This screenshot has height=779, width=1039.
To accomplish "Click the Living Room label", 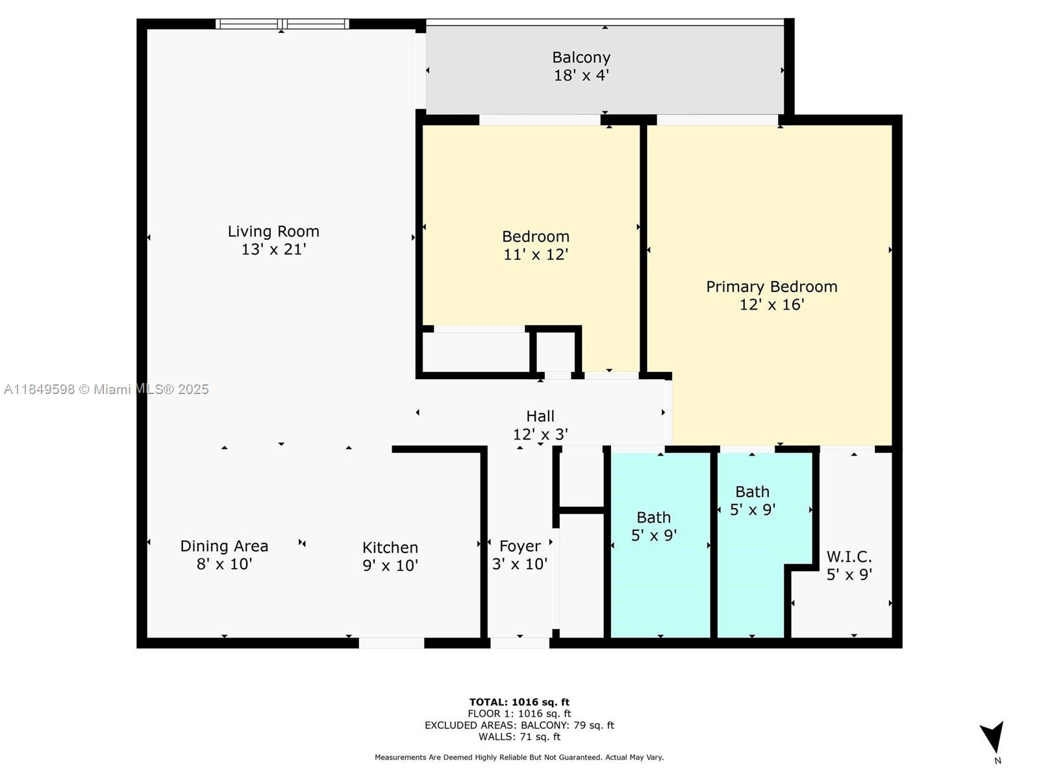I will point(273,231).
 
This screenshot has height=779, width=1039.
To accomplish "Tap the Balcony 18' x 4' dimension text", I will point(581,75).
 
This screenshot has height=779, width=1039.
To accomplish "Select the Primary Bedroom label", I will point(771,286).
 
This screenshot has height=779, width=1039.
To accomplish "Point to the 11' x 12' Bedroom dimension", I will point(536,254).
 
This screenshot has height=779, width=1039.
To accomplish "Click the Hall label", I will point(540,416).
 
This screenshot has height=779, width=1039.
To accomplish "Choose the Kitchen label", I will point(390,547).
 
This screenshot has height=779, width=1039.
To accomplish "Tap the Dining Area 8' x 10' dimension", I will point(224,564).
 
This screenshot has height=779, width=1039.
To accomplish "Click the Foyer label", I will point(519,546).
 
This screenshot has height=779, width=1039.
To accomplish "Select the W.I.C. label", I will point(849,556).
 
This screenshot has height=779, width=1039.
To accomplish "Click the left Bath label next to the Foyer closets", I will point(653,517).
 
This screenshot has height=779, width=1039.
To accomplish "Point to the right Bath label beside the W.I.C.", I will point(752,491).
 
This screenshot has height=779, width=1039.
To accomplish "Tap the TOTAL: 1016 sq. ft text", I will point(519,702).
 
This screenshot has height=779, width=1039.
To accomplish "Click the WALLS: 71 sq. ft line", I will point(519,737).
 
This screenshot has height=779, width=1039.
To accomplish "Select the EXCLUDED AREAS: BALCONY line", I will point(519,725).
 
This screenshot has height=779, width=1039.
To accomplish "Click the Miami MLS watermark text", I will point(106,389).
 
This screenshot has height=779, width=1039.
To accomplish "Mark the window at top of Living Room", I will point(282,24).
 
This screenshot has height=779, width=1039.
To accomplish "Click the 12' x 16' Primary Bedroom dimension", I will point(771,304).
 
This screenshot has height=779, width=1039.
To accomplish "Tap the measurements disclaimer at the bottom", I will point(519,757).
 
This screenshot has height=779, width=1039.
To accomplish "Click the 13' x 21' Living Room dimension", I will point(273,249).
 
